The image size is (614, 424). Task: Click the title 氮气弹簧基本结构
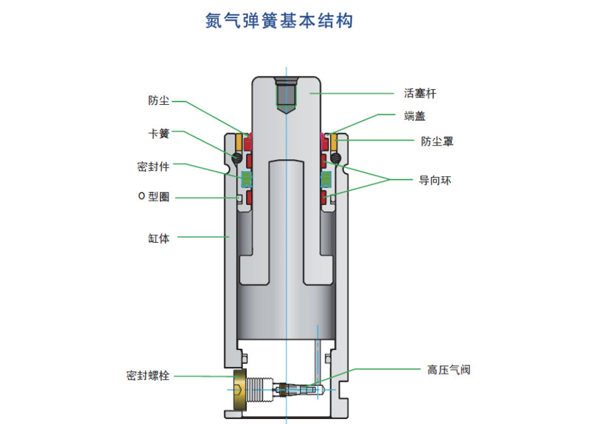279,21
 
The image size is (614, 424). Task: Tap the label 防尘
159,100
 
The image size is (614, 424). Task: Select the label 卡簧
159,134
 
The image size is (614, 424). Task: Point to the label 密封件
154,166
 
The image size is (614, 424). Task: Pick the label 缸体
159,238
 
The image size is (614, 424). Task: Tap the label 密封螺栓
148,376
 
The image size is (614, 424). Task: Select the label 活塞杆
420,93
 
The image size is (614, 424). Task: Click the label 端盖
415,116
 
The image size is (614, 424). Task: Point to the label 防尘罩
437,141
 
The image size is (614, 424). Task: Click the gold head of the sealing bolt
239,390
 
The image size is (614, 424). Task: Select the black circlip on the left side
237,157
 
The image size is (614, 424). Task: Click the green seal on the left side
247,180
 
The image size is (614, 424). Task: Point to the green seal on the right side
326,180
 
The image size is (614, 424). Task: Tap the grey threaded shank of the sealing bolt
259,390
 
